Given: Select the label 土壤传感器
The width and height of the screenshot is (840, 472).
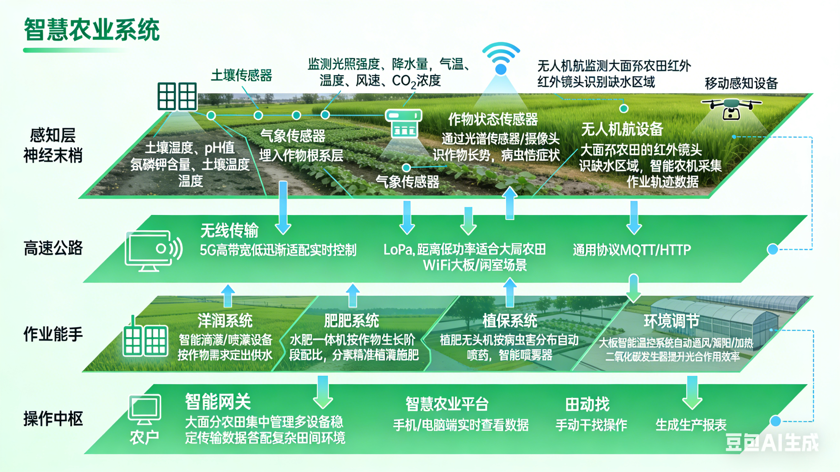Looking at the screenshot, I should point(241,75).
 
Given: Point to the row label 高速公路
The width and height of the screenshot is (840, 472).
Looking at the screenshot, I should point(53,248).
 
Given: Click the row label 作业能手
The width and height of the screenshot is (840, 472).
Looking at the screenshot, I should point(53,334).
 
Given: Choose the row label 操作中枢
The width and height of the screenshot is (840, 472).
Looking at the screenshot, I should point(53,418).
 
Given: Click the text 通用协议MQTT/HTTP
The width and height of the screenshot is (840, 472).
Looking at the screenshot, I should point(632,250).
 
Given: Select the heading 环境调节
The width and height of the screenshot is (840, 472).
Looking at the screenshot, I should point(671,321).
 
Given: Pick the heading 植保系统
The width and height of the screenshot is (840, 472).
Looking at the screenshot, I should point(510,321).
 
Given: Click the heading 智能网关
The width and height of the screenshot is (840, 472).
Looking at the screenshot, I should point(218,402).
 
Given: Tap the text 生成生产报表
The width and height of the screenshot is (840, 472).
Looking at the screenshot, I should point(691,425).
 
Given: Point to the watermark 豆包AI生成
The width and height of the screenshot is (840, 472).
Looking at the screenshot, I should point(771,442).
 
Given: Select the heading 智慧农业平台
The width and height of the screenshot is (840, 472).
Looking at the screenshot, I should point(447,404).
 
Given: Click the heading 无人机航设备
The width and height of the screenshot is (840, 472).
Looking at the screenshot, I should point(622,129).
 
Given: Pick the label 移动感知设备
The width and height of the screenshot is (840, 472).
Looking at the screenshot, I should point(741,83).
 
